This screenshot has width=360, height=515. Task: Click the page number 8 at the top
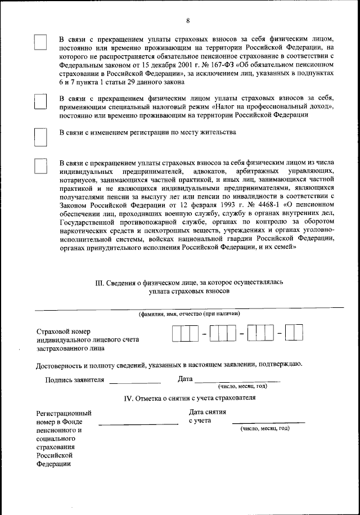click(188, 21)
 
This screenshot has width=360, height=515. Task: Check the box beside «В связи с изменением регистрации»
click(40, 137)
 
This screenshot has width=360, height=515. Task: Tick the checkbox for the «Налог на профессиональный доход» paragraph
click(40, 102)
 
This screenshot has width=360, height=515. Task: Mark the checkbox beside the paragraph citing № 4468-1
click(40, 166)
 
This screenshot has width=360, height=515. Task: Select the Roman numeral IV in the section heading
click(128, 398)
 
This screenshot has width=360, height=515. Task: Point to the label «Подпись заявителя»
click(74, 379)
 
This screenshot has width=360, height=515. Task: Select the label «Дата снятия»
click(208, 411)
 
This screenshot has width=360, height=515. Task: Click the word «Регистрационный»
click(64, 413)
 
